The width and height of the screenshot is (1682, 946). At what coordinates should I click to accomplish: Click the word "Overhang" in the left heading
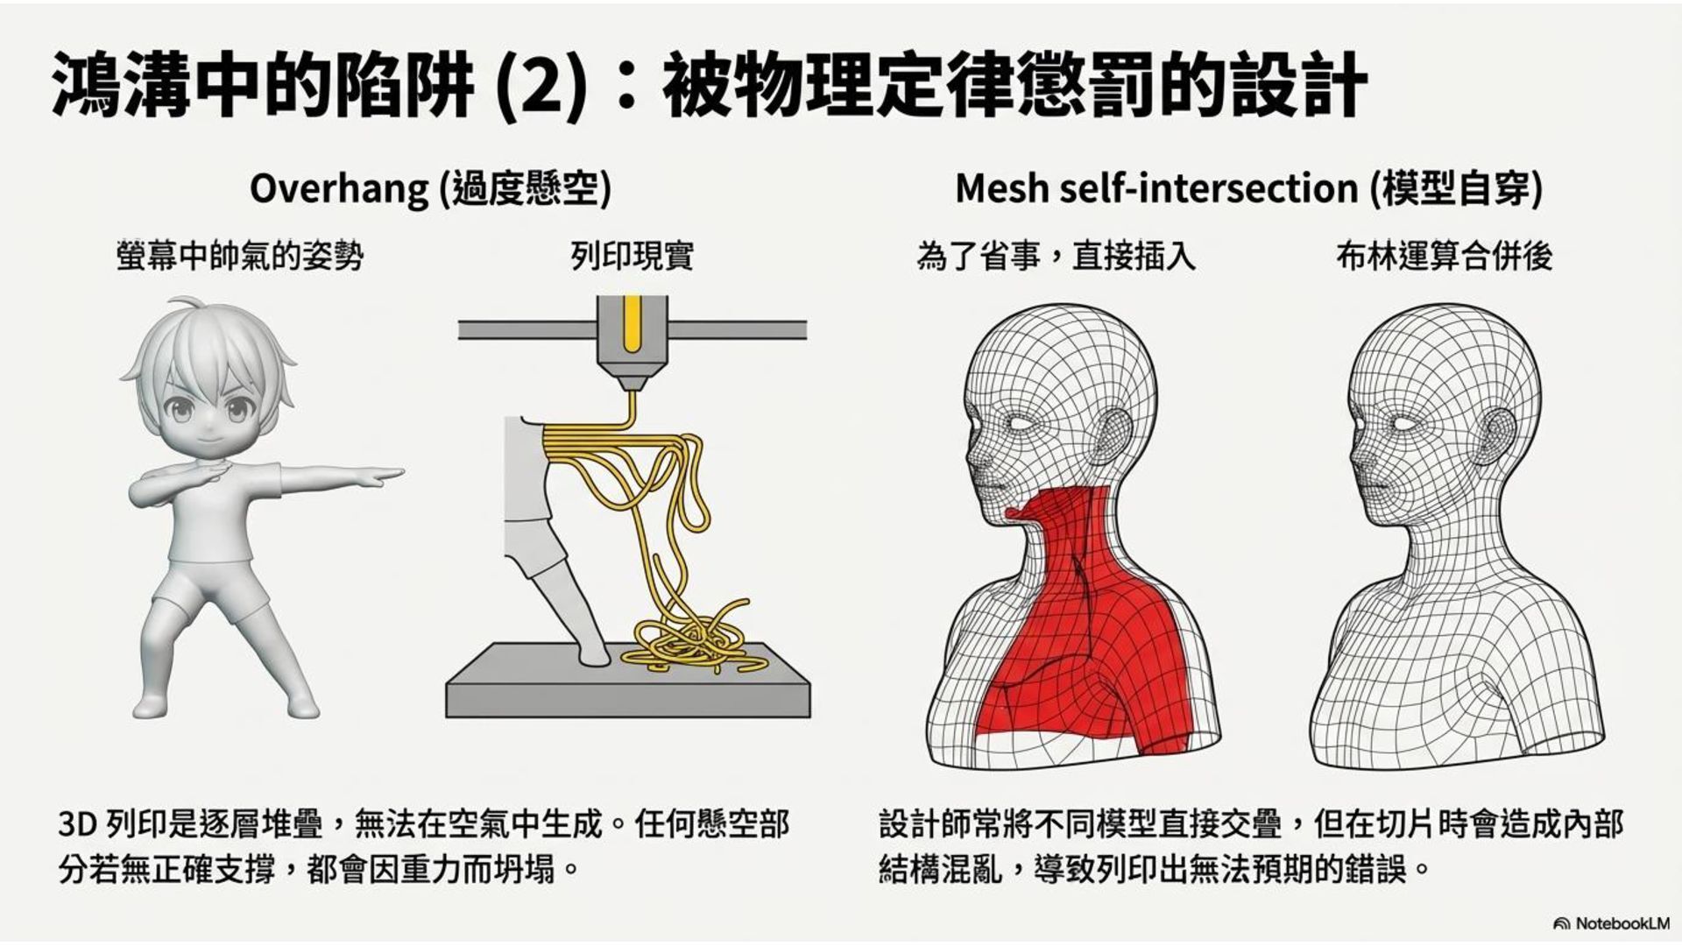pos(339,188)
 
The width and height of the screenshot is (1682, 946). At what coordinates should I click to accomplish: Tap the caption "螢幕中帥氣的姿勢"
pos(239,257)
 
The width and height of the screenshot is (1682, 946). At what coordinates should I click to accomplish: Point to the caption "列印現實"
pos(632,257)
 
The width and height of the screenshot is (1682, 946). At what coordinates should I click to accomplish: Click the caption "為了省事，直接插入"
pos(1056,257)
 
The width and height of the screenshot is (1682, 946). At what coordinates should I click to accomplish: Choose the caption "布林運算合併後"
pos(1444,257)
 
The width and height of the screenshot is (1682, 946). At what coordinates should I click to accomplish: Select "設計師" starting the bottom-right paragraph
pos(924,824)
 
